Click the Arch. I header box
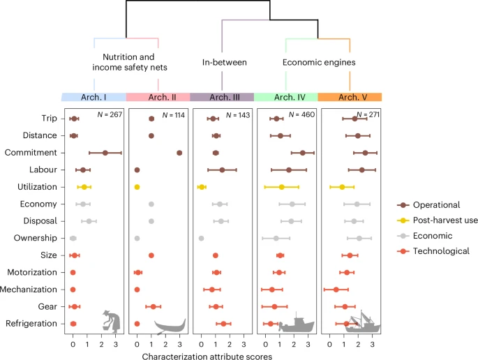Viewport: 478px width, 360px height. [94, 97]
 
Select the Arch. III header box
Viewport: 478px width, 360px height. [222, 97]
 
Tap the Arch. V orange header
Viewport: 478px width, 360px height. [350, 97]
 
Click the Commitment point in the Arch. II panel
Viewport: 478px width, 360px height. [179, 153]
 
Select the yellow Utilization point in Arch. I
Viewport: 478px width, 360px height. [84, 187]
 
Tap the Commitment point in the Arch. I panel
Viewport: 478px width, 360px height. [105, 153]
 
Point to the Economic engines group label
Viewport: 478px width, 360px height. [318, 63]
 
